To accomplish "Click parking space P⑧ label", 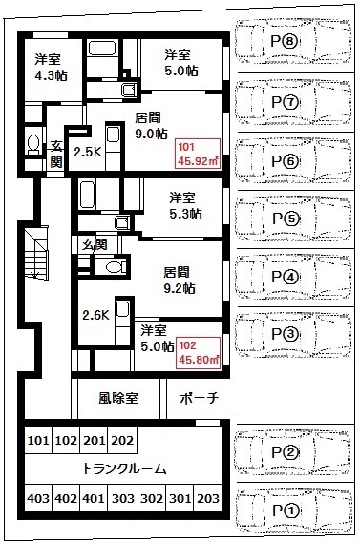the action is [285, 42].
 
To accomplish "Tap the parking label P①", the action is [286, 511].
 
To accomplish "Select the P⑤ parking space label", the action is [285, 219].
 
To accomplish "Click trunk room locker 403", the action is [38, 498].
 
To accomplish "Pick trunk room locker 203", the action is [208, 498].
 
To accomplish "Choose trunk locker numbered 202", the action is [122, 440].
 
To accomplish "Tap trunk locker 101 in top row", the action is [38, 440].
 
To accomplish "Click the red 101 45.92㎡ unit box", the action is [199, 154].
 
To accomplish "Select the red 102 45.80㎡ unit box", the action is [199, 352].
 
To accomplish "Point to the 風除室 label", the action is [118, 398].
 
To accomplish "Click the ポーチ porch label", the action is [200, 398].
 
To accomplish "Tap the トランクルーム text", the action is [124, 469].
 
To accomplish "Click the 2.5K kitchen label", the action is [88, 152].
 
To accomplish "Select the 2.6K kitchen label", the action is [95, 315].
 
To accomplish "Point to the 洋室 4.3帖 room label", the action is [51, 68].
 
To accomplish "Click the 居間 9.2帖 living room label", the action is [180, 280].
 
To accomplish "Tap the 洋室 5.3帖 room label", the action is [185, 206].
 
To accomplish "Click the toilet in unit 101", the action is [33, 145].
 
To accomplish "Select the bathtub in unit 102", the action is [87, 195].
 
